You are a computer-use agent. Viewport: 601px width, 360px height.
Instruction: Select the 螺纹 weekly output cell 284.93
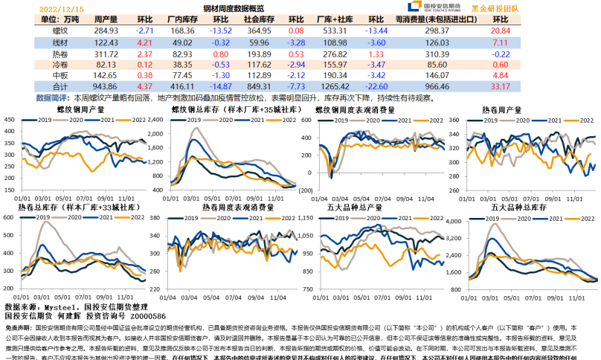[106, 30]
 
